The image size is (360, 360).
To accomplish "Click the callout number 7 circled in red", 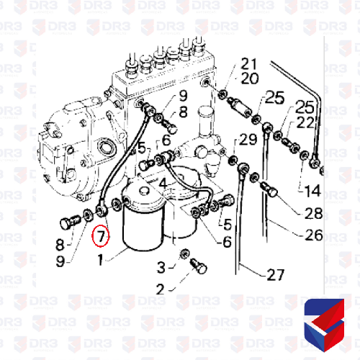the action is pyautogui.click(x=101, y=236).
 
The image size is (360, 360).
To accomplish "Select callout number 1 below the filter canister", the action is pyautogui.click(x=100, y=260).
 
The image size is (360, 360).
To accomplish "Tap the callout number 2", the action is pyautogui.click(x=161, y=289).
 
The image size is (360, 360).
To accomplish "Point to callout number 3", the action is pyautogui.click(x=161, y=267).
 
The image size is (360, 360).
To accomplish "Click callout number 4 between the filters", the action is pyautogui.click(x=163, y=184).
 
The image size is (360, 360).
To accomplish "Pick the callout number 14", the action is pyautogui.click(x=312, y=191).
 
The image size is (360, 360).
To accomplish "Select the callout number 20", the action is pyautogui.click(x=250, y=78).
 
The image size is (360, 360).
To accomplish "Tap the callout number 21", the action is pyautogui.click(x=249, y=64).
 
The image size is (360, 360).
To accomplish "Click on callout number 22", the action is pyautogui.click(x=305, y=123).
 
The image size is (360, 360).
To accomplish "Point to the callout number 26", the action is pyautogui.click(x=314, y=235).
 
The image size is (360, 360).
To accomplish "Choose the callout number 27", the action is pyautogui.click(x=276, y=275).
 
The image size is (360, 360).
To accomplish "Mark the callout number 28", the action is pyautogui.click(x=313, y=213).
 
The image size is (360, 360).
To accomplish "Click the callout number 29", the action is pyautogui.click(x=248, y=140).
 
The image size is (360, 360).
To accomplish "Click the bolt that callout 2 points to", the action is pyautogui.click(x=199, y=266).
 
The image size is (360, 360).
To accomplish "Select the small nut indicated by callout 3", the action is pyautogui.click(x=184, y=253).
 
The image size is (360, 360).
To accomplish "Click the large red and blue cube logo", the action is pyautogui.click(x=324, y=325).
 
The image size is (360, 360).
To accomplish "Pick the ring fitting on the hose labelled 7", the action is pyautogui.click(x=101, y=210).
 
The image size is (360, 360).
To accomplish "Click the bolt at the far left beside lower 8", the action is pyautogui.click(x=70, y=222).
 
